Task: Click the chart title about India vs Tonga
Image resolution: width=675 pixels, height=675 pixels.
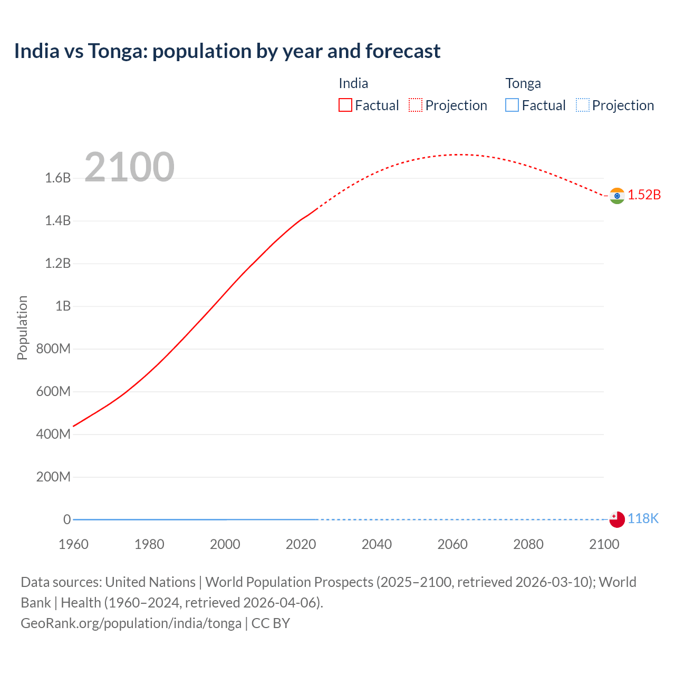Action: (227, 51)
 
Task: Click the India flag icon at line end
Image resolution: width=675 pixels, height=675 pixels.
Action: (616, 196)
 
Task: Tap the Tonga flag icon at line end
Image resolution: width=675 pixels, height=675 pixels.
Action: (616, 519)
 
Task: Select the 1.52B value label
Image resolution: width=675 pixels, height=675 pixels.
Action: (644, 195)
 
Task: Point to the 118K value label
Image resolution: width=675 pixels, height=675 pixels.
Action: (643, 518)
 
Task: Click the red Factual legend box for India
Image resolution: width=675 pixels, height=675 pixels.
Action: (345, 105)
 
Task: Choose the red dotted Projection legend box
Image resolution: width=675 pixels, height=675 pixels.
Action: (416, 105)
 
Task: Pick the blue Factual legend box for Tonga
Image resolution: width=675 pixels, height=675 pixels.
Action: (512, 105)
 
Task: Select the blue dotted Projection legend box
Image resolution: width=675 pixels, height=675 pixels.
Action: (582, 105)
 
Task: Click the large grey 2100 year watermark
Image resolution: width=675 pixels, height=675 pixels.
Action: (129, 167)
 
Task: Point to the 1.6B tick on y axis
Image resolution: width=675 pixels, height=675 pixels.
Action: (57, 178)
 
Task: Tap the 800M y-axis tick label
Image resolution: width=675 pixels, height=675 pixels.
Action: (53, 349)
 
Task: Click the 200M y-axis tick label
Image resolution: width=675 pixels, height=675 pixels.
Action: (53, 477)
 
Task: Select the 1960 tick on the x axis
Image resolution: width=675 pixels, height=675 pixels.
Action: (73, 544)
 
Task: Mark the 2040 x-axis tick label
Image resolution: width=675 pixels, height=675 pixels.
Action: (377, 544)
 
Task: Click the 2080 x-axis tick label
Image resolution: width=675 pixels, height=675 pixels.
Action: (528, 544)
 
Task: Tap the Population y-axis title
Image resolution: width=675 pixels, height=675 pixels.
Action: (22, 327)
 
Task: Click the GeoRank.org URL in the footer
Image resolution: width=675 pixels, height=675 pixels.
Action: (131, 623)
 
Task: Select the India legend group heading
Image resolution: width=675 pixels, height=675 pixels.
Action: (353, 83)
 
